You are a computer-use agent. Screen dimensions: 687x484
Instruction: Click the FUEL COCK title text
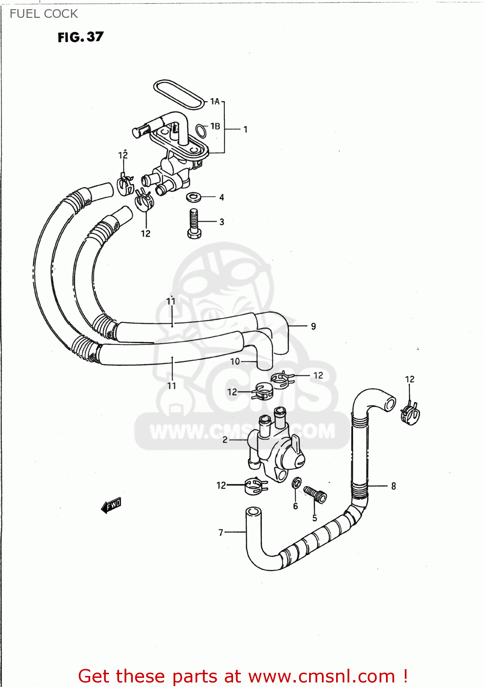click(x=44, y=14)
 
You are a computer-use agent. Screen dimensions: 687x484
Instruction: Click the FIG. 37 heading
click(x=81, y=37)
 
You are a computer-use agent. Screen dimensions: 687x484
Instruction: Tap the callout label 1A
click(x=215, y=102)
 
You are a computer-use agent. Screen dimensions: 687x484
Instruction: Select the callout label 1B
click(x=215, y=126)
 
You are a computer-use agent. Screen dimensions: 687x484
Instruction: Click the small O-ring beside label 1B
click(x=201, y=131)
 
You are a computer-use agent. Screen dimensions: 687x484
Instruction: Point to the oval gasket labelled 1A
click(x=179, y=95)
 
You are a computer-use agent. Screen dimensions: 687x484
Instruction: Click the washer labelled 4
click(x=194, y=197)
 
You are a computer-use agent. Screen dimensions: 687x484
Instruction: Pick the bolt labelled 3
click(x=194, y=224)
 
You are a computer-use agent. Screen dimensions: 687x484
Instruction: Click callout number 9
click(x=313, y=327)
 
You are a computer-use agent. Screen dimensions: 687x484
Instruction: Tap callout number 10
click(x=235, y=362)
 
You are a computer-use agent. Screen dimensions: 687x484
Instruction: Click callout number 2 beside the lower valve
click(x=225, y=440)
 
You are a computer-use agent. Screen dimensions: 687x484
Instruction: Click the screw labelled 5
click(x=315, y=494)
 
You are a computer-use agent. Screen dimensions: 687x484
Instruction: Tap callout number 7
click(x=221, y=533)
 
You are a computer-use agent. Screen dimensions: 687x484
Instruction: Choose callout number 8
click(x=393, y=486)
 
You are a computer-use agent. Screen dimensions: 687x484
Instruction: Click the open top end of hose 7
click(x=253, y=512)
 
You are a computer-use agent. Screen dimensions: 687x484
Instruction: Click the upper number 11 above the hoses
click(x=171, y=301)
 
